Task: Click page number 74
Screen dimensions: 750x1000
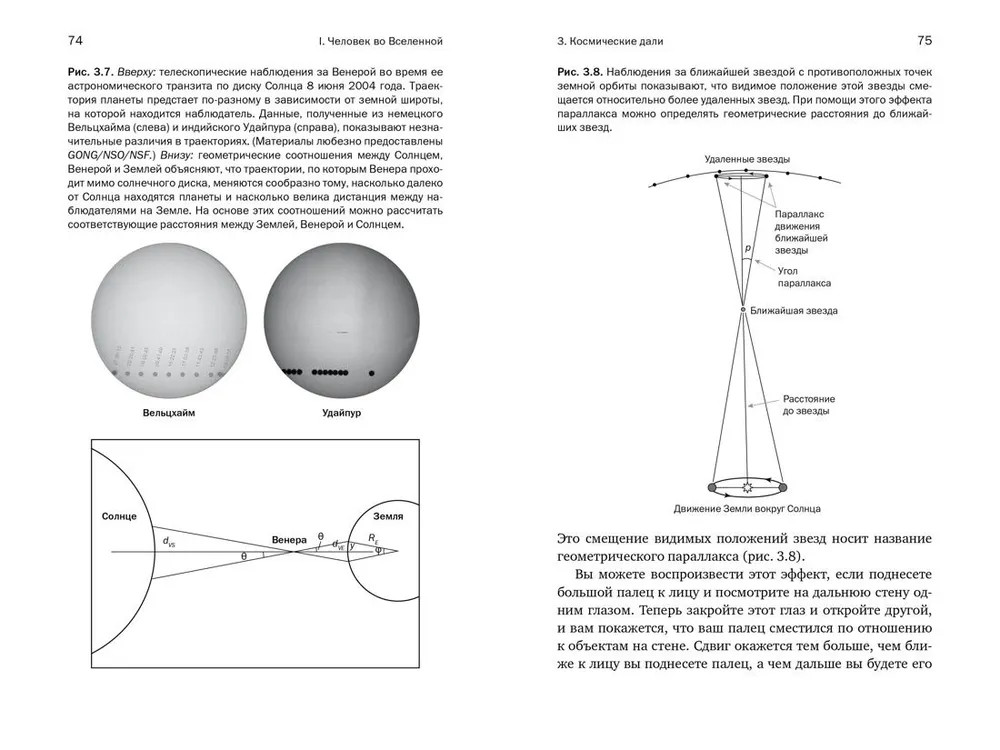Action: coord(74,40)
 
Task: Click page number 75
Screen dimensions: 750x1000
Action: coord(924,40)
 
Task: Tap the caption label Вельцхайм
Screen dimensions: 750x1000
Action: coord(168,411)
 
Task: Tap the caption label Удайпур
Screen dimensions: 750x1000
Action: coord(341,411)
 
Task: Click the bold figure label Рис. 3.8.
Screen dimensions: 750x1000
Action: coord(580,76)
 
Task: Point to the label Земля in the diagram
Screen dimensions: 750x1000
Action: coord(388,516)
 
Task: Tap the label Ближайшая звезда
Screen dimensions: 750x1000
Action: coord(793,311)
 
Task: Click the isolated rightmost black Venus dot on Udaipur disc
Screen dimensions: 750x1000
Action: coord(372,374)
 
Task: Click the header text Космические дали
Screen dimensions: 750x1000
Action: coord(609,41)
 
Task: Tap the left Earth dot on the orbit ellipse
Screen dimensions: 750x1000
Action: coord(712,487)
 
